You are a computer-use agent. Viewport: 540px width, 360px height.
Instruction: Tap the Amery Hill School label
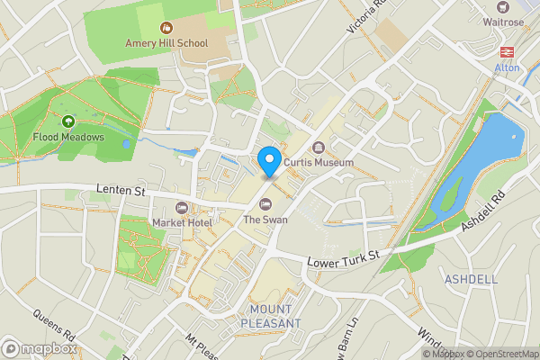coord(166,43)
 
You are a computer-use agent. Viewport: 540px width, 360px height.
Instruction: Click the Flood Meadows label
coord(68,138)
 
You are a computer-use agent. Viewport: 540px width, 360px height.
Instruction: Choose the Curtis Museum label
coord(319,162)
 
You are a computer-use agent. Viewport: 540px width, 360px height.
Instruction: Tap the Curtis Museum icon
coord(318,148)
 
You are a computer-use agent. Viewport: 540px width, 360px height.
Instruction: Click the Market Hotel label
coord(182,222)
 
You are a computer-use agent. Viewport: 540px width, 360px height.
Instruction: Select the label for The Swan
coord(265,220)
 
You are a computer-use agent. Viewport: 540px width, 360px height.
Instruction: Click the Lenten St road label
coord(120,191)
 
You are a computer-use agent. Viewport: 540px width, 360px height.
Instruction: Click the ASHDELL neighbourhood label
coord(471,280)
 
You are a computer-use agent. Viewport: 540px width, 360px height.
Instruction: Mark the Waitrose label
coord(503,21)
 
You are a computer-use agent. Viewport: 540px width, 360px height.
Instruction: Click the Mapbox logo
coord(40,348)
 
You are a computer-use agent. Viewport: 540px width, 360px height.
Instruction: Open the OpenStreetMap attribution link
coord(502,354)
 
